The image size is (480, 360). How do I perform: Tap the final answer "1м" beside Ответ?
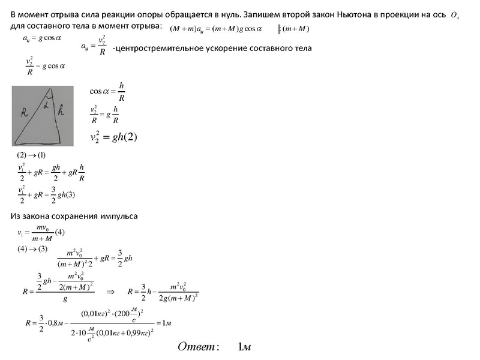tap(244, 347)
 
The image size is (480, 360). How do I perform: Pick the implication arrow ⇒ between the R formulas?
tap(110, 292)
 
